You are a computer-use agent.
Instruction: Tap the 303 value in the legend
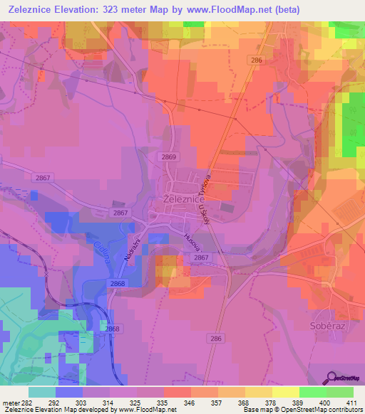click(96, 402)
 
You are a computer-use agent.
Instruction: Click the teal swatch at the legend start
click(42, 392)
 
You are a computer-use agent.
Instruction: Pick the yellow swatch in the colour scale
click(285, 392)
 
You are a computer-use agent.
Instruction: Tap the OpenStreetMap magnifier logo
click(330, 378)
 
